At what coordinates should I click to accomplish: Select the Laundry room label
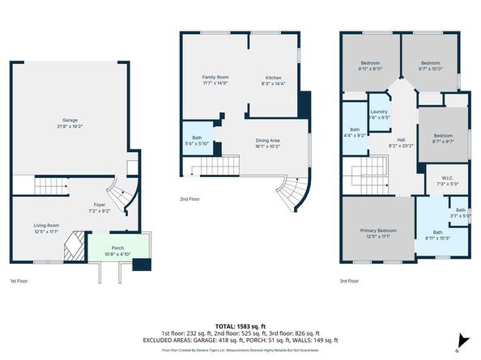pyautogui.click(x=379, y=114)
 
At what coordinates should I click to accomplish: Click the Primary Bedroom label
pyautogui.click(x=378, y=234)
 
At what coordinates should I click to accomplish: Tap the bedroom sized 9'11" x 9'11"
pyautogui.click(x=371, y=65)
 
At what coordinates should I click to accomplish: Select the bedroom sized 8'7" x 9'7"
pyautogui.click(x=442, y=138)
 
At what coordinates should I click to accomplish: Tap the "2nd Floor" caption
pyautogui.click(x=191, y=198)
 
